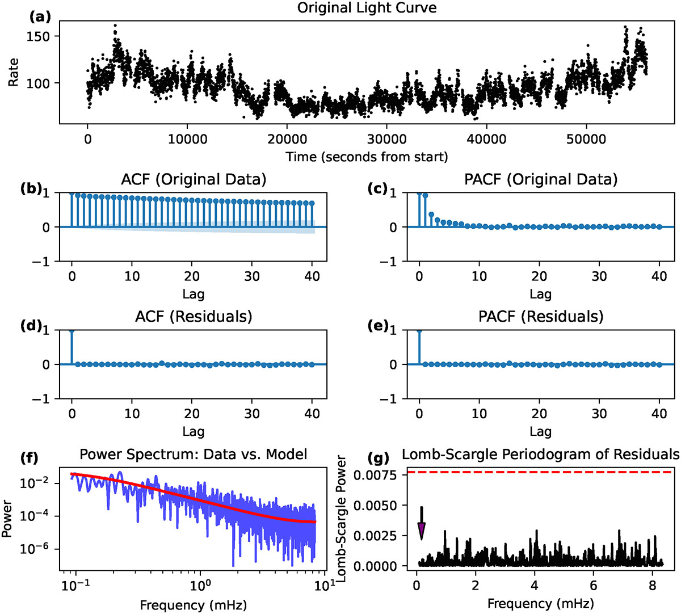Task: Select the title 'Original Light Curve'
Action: [367, 9]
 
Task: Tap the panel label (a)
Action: [40, 16]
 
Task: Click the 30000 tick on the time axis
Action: [386, 140]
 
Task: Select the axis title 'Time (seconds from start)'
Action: [367, 157]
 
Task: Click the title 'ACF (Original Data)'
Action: [194, 180]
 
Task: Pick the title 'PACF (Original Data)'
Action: [540, 180]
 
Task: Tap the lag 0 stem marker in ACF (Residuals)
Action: [72, 330]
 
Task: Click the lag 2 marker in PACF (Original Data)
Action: [431, 215]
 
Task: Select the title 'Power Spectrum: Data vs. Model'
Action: [194, 454]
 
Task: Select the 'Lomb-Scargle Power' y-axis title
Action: [342, 519]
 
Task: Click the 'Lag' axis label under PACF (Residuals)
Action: [540, 432]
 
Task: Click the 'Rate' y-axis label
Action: [13, 72]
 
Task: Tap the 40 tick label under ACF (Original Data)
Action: [312, 276]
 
